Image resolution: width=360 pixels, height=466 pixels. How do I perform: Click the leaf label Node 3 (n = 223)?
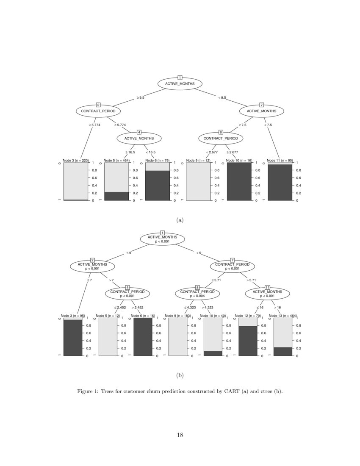click(x=75, y=161)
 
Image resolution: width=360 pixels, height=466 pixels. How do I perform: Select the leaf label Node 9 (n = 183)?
click(x=177, y=316)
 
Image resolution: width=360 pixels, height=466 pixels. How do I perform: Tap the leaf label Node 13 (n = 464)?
click(x=283, y=316)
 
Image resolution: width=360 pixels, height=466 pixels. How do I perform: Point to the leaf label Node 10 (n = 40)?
click(x=213, y=316)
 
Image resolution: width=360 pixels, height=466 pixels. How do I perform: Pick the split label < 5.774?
click(x=94, y=125)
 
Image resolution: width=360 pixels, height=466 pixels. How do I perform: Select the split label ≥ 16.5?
click(x=130, y=152)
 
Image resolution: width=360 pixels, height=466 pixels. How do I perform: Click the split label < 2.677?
click(x=212, y=152)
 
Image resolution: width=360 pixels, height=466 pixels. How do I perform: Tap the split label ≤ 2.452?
click(x=120, y=308)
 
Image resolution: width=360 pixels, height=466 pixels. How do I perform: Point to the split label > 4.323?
click(x=208, y=308)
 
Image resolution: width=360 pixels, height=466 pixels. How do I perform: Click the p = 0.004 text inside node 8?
click(x=197, y=296)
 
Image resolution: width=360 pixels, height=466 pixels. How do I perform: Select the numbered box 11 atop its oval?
click(x=267, y=287)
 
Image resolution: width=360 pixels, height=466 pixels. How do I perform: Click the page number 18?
click(x=180, y=435)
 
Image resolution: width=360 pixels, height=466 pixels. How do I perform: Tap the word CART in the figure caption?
click(x=231, y=391)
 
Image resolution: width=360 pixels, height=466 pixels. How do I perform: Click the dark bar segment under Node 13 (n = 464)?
click(x=283, y=351)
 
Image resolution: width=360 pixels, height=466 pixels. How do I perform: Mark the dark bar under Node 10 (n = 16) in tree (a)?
click(x=239, y=181)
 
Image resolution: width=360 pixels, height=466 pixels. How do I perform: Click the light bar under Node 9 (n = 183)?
click(x=177, y=337)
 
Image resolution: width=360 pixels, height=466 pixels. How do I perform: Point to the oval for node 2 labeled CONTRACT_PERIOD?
click(x=98, y=111)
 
